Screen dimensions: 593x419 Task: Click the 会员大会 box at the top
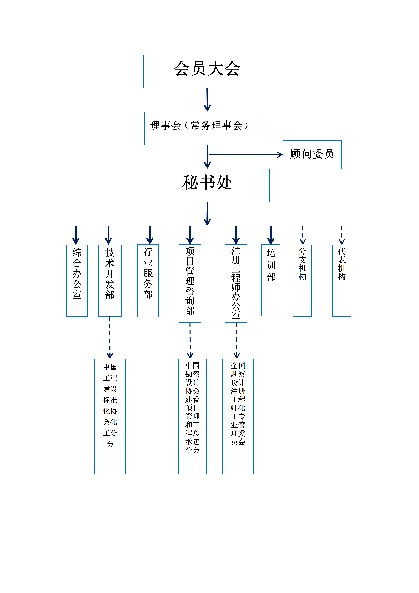(207, 71)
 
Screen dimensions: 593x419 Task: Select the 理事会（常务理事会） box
(207, 128)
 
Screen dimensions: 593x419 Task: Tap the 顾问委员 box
(312, 154)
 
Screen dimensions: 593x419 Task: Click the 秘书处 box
(207, 185)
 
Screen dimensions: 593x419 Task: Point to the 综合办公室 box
(77, 281)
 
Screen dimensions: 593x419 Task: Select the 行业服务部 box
(148, 281)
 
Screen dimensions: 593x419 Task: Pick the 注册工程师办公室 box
(236, 283)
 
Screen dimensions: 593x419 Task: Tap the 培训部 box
(271, 280)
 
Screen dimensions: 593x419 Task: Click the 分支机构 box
(302, 281)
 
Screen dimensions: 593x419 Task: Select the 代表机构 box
(342, 281)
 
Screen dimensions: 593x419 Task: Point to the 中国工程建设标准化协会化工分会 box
(110, 416)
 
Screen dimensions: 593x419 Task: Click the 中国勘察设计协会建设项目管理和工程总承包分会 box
(192, 416)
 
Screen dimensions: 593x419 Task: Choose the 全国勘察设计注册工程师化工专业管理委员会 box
(238, 416)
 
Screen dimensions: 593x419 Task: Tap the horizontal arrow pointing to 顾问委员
(245, 155)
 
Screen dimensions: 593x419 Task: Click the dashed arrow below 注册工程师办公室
(237, 340)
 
